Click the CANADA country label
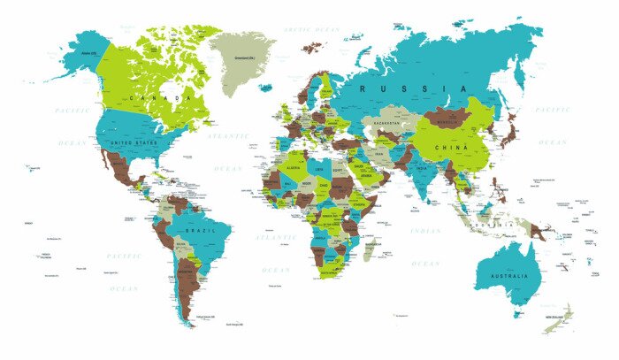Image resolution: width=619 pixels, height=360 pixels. (161, 97)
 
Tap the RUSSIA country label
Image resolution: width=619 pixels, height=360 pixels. (414, 88)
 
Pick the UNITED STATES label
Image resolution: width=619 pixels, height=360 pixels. (133, 142)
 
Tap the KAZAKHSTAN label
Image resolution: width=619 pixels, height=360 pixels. (388, 123)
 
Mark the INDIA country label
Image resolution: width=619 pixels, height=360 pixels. (421, 168)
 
